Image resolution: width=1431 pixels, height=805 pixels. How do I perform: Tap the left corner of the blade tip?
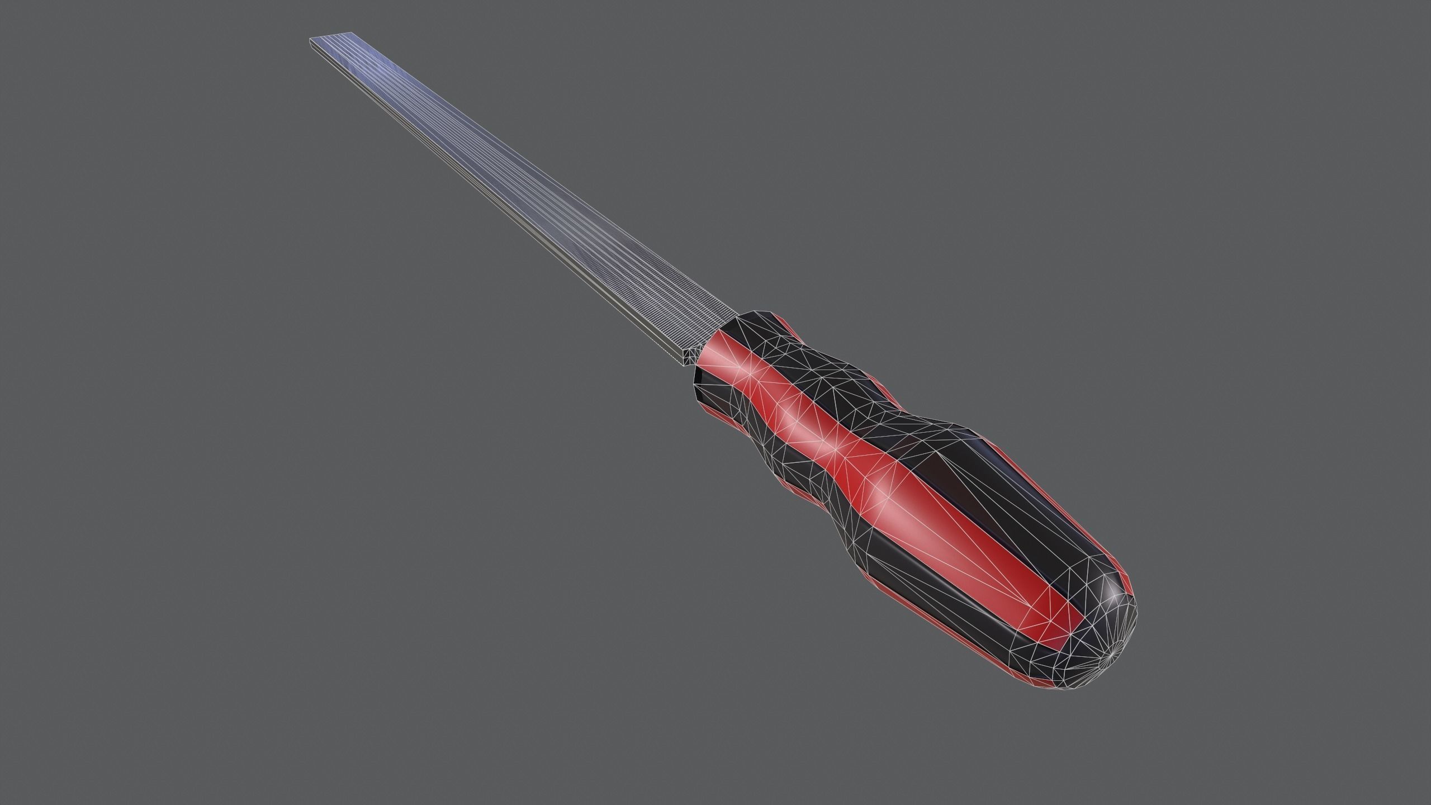coord(311,39)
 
